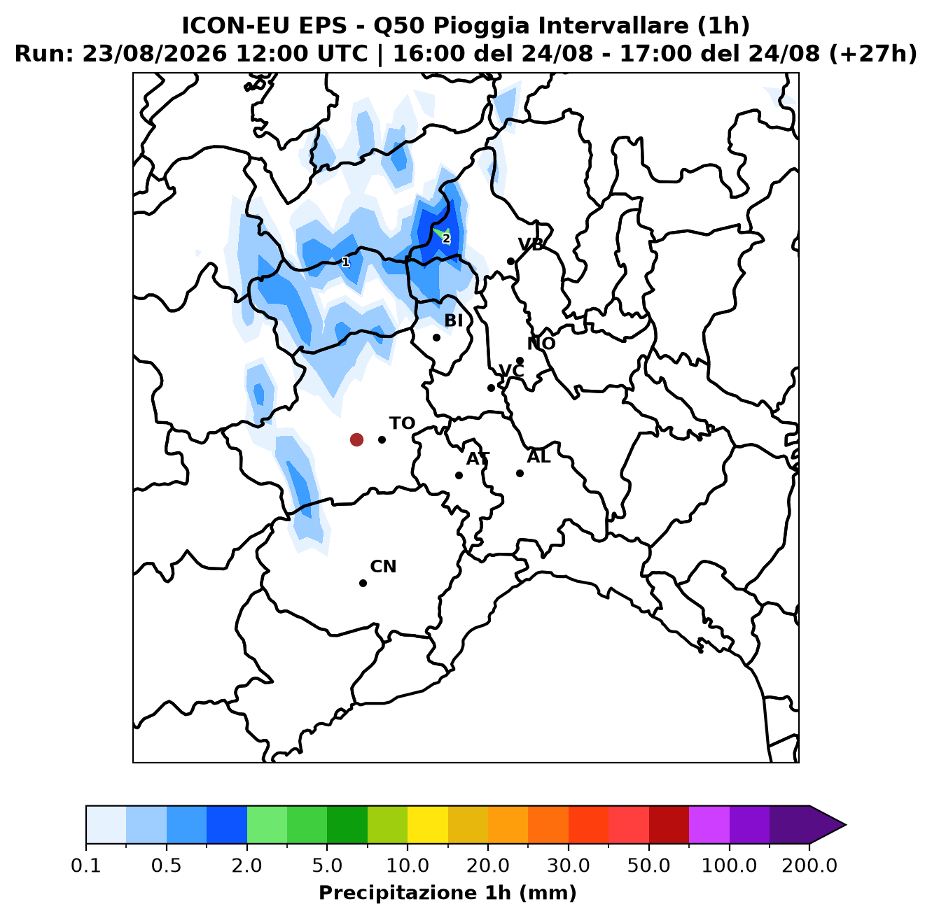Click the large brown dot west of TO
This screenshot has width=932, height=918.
point(356,439)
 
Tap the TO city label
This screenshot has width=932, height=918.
point(402,423)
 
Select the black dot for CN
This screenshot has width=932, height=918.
point(363,583)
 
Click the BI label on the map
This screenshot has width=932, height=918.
point(453,320)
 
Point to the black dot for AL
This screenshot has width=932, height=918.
point(520,473)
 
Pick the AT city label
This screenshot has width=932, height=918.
point(478,459)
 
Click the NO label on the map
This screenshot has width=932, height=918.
point(541,344)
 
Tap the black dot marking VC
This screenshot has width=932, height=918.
point(491,388)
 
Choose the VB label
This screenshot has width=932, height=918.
point(531,245)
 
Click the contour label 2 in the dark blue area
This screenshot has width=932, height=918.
point(446,239)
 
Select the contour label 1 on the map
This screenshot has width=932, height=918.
point(345,262)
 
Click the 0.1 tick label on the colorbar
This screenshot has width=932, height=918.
point(86,866)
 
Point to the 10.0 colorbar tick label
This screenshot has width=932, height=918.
point(408,866)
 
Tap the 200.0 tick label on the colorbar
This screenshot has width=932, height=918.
point(809,866)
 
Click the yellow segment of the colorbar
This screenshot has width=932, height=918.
point(428,825)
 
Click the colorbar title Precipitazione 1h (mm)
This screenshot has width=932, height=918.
point(447,892)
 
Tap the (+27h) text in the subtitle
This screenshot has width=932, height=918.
point(872,54)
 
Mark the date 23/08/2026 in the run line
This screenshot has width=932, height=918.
point(154,54)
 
